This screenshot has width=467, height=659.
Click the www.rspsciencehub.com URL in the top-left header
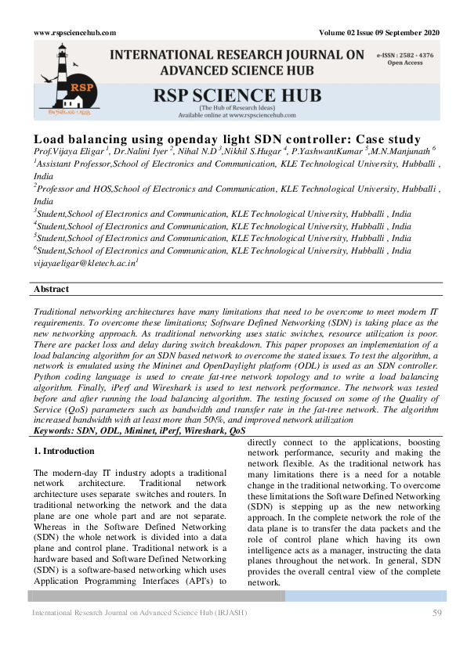tap(75, 32)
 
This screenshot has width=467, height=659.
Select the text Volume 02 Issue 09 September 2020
tap(379, 32)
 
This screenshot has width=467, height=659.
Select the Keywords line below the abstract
tap(139, 430)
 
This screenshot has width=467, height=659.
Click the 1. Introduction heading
tap(64, 452)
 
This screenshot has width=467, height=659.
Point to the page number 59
tap(437, 612)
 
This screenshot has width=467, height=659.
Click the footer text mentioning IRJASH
tap(139, 612)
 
